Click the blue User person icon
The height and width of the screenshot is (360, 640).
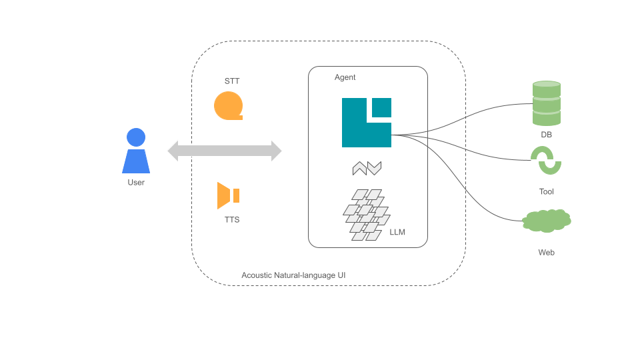[136, 152]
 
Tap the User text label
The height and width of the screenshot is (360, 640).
[136, 182]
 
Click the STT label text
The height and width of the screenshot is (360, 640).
[232, 81]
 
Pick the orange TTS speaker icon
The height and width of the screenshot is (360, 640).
[227, 195]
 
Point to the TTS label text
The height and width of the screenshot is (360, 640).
[232, 219]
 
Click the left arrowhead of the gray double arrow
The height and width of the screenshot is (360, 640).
[174, 151]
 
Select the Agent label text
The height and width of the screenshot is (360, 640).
[345, 77]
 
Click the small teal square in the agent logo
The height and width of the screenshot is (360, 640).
[381, 107]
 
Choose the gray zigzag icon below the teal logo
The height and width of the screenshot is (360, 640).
[367, 169]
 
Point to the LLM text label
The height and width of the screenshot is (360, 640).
[397, 233]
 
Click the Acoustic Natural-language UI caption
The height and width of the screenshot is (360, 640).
[293, 275]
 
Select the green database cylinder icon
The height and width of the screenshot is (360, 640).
[547, 103]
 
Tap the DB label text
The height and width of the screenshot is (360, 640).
[546, 135]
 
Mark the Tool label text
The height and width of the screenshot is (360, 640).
[546, 191]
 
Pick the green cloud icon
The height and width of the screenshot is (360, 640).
[547, 221]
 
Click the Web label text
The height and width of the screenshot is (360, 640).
[546, 253]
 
